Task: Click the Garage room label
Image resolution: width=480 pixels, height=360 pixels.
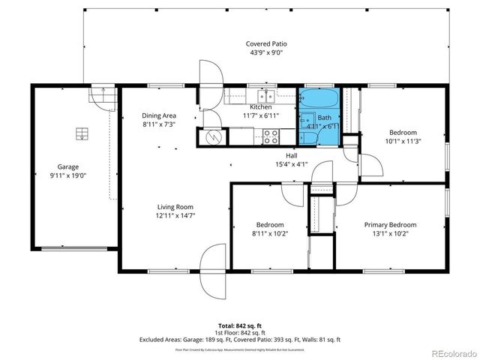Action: click(68, 167)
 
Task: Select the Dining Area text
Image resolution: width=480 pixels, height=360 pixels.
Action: click(158, 115)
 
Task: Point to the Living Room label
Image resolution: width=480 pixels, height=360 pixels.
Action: click(175, 207)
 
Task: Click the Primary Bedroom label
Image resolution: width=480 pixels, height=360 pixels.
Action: click(390, 225)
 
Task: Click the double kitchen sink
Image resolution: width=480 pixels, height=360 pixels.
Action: click(265, 95)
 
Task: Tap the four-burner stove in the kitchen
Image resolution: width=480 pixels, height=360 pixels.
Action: click(270, 136)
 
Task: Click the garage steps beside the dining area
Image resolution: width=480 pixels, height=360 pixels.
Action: click(100, 96)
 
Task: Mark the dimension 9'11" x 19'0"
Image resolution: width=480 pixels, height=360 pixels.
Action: click(68, 176)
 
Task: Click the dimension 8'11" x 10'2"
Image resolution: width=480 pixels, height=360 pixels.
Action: click(270, 234)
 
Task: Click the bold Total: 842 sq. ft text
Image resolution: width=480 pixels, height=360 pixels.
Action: click(240, 325)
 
